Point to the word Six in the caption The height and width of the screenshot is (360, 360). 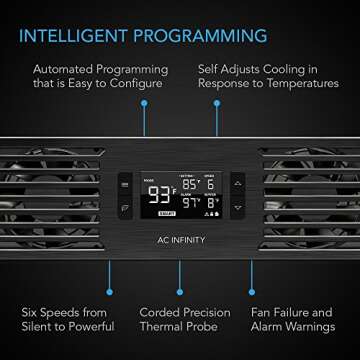31,309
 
